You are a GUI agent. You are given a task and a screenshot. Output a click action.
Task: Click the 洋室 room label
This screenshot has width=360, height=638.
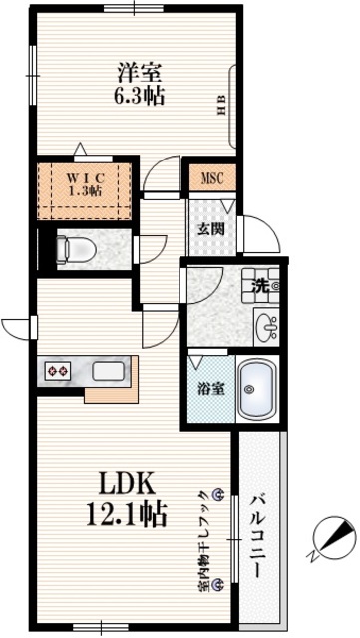[140, 73]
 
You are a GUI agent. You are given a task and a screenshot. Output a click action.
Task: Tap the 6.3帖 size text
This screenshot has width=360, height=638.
[140, 96]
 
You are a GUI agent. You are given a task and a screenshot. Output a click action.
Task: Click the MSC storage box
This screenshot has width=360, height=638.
[212, 177]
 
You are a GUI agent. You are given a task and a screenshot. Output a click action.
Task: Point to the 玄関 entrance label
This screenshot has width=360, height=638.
[211, 230]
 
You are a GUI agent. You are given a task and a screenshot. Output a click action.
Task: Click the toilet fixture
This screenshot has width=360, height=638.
[75, 248]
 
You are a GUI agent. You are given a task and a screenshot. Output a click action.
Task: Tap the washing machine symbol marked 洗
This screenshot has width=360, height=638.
[261, 286]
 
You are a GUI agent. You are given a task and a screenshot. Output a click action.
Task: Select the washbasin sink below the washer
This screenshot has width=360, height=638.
[266, 327]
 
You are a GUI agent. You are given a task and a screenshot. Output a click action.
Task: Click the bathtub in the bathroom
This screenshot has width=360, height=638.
[257, 389]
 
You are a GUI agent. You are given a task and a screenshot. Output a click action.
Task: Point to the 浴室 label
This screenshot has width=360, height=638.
[211, 390]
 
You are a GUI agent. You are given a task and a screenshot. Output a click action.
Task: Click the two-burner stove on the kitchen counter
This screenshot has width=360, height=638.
[58, 371]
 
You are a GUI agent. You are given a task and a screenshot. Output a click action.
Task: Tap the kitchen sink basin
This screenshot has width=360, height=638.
[108, 371]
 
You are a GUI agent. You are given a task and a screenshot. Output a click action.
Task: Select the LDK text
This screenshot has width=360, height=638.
[126, 485]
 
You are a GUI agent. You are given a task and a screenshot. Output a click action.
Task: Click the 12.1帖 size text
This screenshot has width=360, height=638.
[127, 515]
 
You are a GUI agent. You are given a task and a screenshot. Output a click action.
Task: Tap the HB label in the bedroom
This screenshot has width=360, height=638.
[221, 106]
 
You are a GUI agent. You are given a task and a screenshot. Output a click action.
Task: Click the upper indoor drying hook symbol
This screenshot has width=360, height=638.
[219, 494]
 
